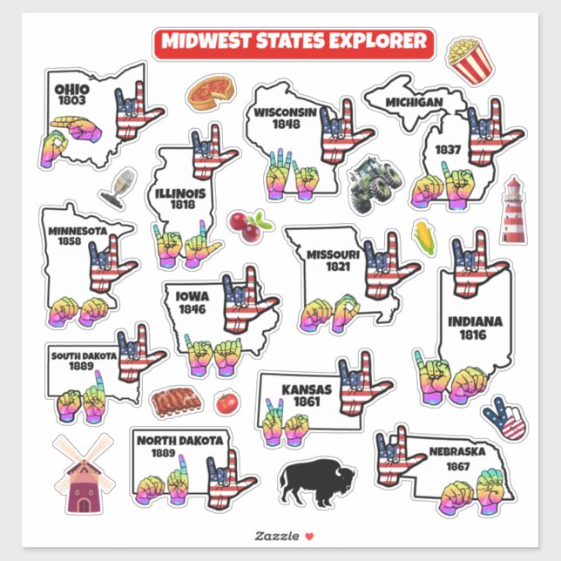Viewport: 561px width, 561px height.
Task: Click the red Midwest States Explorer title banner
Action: point(293,41)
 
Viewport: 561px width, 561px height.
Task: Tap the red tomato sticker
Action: point(226,402)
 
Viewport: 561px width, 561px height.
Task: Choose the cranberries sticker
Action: point(247,224)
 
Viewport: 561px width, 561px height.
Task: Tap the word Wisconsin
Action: point(285,112)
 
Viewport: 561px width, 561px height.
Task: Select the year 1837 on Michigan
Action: point(448,149)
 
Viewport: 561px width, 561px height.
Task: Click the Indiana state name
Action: point(475,322)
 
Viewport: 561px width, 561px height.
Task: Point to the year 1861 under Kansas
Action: point(307,402)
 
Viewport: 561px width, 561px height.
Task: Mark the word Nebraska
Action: point(456,451)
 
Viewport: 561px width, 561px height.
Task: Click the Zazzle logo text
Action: point(273,535)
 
